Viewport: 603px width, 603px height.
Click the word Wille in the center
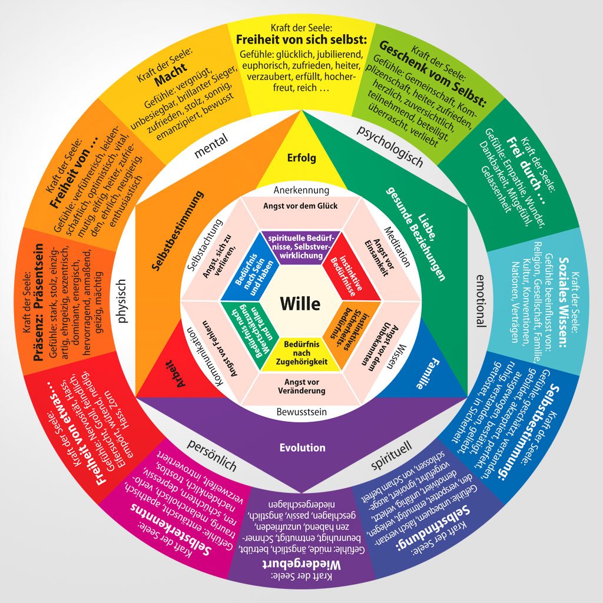pyautogui.click(x=300, y=303)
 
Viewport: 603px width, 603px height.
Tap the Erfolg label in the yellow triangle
pyautogui.click(x=301, y=158)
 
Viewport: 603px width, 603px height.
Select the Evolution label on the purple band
pyautogui.click(x=302, y=448)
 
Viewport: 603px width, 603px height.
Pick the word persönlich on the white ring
pyautogui.click(x=211, y=456)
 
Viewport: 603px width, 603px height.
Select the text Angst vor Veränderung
pyautogui.click(x=301, y=386)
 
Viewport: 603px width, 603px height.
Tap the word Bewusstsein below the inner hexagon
pyautogui.click(x=301, y=412)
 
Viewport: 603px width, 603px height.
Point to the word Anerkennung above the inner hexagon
pyautogui.click(x=301, y=190)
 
